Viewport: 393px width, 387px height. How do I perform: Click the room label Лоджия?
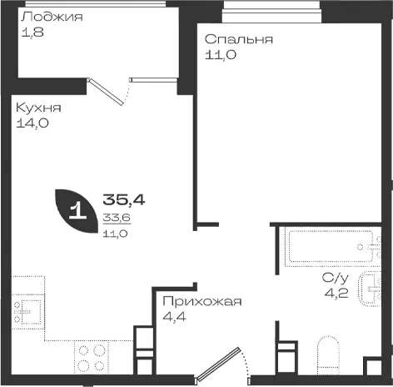point(52,17)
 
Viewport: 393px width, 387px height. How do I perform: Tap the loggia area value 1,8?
point(32,33)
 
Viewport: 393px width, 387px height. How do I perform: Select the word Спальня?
point(239,39)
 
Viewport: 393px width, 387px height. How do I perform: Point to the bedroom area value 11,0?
point(221,55)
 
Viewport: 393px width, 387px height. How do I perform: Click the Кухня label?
point(38,108)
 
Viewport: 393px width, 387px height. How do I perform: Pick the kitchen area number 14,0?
point(32,123)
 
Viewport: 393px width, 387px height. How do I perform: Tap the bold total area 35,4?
point(124,199)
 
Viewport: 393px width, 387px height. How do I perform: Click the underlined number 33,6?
point(117,218)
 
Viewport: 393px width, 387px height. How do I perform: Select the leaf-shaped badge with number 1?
point(77,211)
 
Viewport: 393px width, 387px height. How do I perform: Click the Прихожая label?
point(202,301)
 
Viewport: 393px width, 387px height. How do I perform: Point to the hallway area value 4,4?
point(174,317)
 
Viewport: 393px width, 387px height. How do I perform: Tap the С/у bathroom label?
point(335,278)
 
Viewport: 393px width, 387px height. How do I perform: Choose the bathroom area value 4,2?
point(336,293)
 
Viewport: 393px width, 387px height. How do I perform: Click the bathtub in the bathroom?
point(331,246)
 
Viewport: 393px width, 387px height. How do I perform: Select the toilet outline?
point(328,354)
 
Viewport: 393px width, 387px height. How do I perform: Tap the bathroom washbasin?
point(370,289)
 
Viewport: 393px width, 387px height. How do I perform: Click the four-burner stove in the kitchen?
point(91,358)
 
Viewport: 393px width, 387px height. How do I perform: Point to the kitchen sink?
point(27,311)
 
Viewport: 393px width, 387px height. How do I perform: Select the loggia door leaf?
point(106,92)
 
